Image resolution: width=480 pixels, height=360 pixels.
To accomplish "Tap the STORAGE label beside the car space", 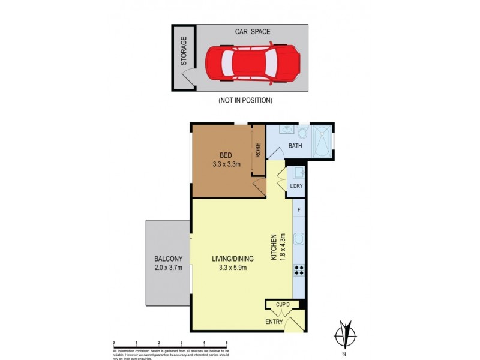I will point(184,51).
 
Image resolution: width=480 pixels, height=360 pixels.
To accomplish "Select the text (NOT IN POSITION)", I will point(245,100).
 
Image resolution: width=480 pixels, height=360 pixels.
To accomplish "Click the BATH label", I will point(295,146).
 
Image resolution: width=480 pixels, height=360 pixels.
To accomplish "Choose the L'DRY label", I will point(296,186).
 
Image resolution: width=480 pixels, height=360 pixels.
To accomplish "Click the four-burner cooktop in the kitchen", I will point(299,271).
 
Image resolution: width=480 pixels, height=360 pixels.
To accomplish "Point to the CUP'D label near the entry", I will point(284,304).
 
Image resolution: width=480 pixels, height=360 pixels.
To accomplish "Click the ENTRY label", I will point(274,322).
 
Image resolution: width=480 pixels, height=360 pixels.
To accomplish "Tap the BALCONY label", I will point(167,259).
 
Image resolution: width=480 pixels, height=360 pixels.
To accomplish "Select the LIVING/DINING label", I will point(233,259).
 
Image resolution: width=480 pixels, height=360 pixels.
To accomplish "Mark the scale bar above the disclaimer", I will point(170,345).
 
